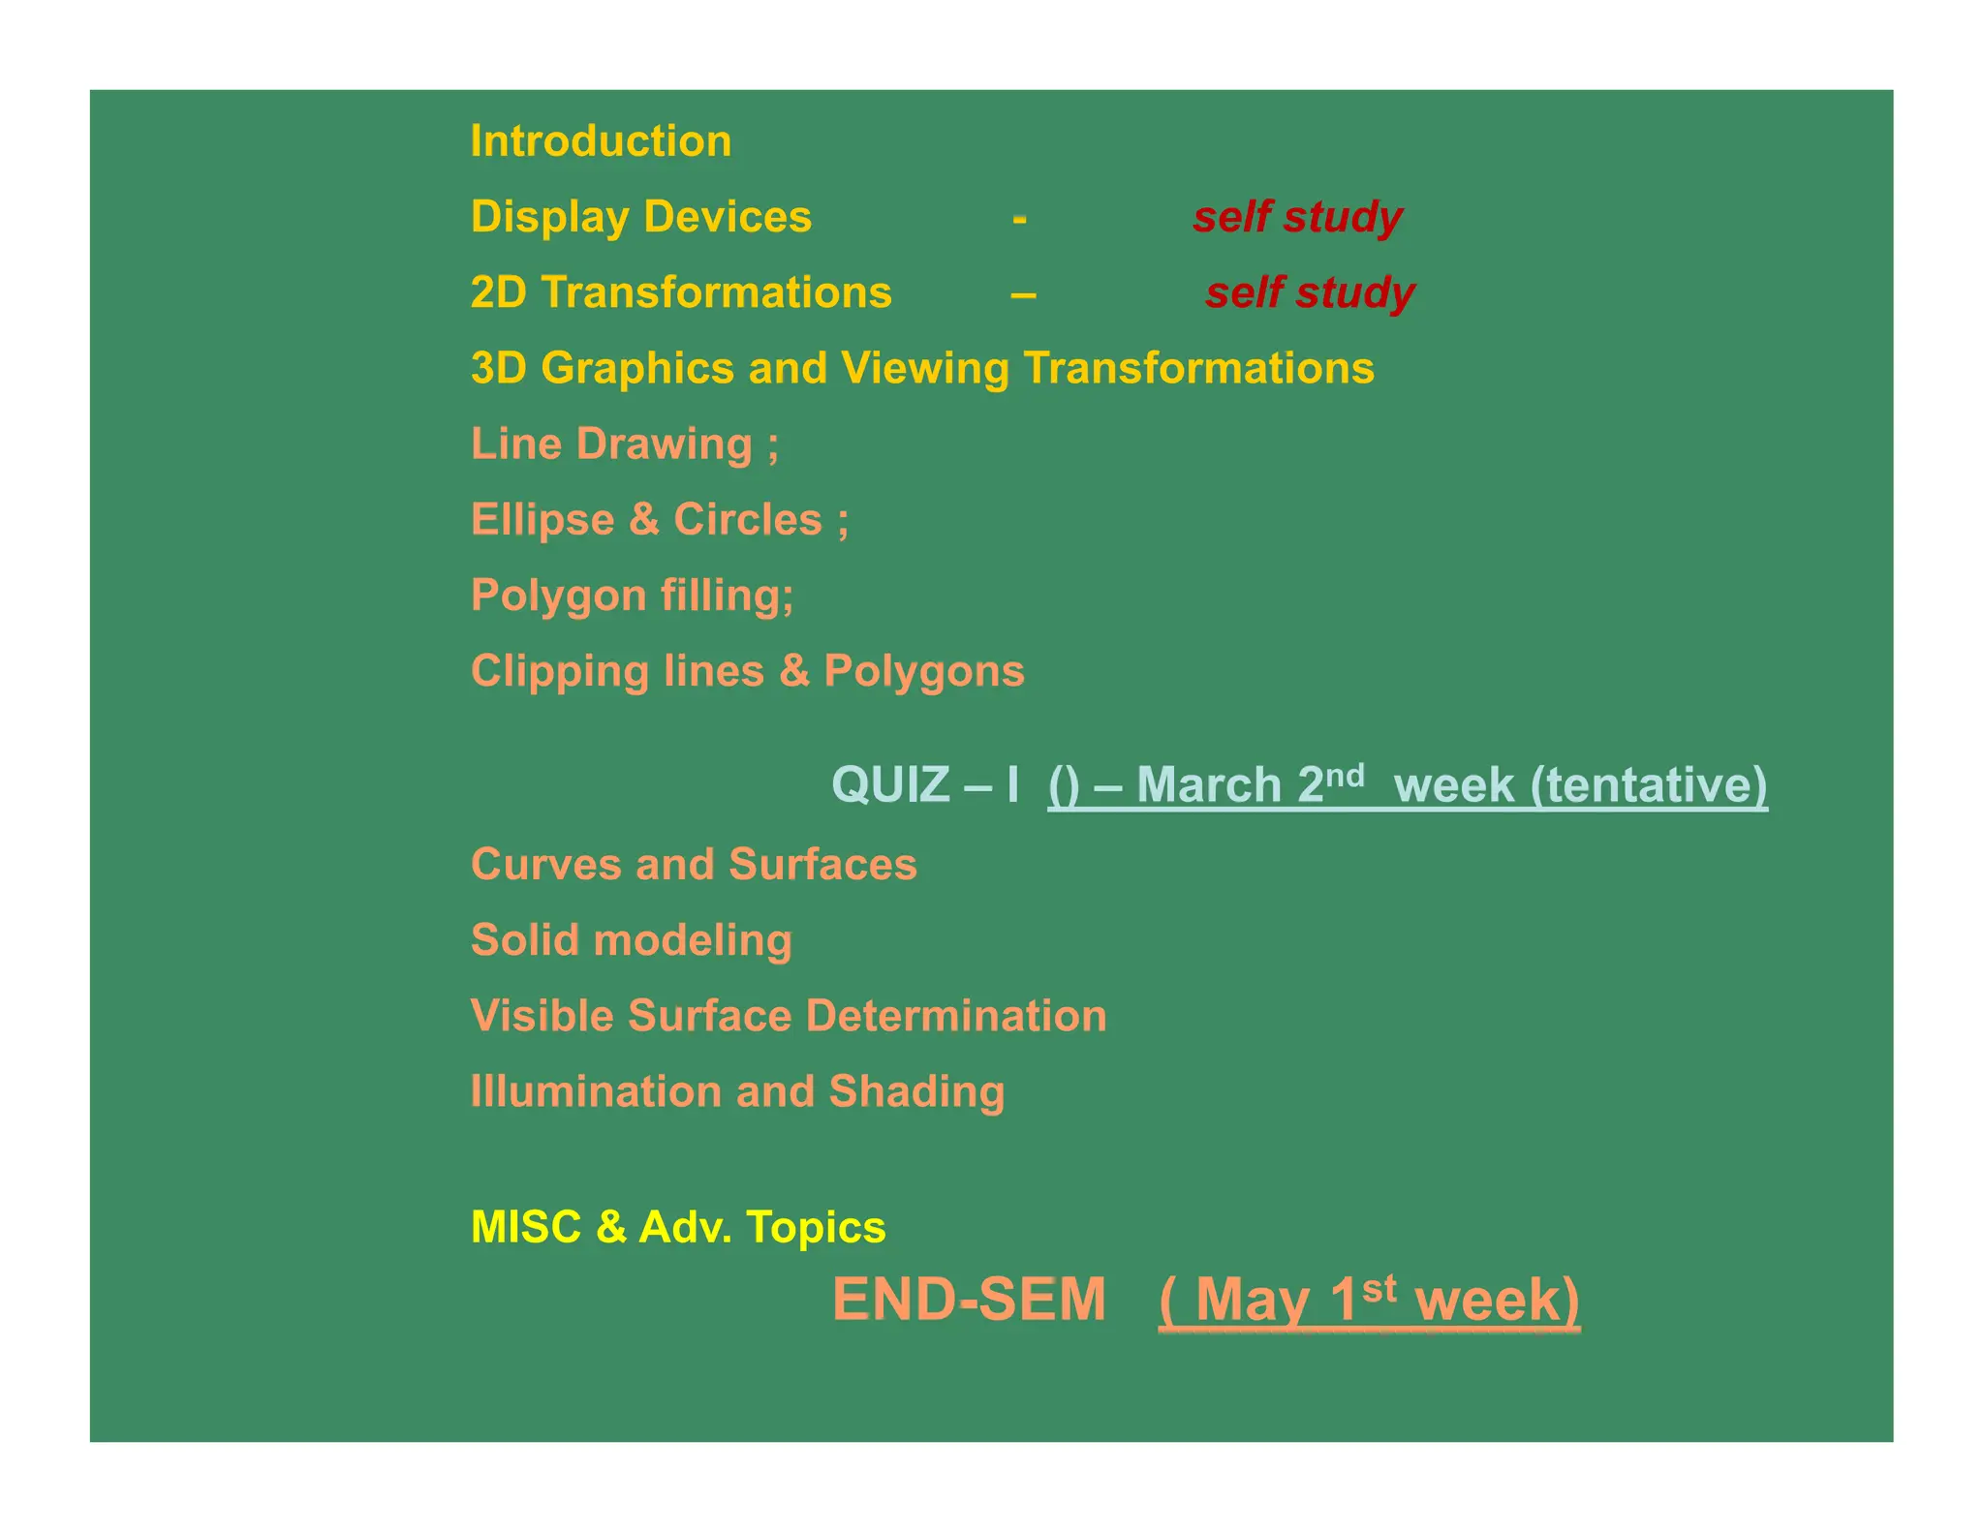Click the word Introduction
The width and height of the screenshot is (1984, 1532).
pos(601,141)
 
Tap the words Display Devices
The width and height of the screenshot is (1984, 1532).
pos(640,217)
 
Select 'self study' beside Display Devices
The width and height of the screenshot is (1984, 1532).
pos(1297,217)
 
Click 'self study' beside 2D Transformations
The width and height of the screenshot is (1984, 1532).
pos(1310,292)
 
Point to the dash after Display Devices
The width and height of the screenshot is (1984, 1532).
pos(1019,220)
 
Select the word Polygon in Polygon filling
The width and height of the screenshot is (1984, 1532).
pos(558,596)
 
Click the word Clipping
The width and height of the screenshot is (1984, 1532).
pos(559,671)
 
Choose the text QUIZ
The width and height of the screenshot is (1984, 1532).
pos(890,784)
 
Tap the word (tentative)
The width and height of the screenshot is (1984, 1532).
pos(1649,784)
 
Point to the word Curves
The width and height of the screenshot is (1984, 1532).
pos(544,864)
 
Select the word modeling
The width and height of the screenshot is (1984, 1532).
pos(693,940)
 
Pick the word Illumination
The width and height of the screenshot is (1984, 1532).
pos(596,1091)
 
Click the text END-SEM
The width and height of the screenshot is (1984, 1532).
pos(969,1300)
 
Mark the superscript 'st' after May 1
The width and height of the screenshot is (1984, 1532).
pos(1379,1289)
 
